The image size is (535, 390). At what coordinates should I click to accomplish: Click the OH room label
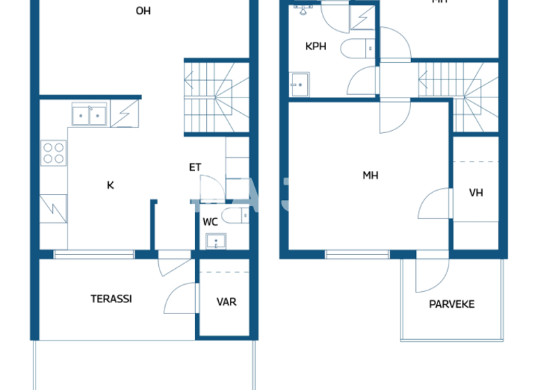coord(143,11)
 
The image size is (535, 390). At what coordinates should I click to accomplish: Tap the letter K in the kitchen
coord(110,185)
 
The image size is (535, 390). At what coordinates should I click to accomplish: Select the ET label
coord(195,167)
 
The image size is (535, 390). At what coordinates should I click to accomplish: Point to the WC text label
coord(210,222)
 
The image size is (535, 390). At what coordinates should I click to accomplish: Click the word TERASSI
coord(111,299)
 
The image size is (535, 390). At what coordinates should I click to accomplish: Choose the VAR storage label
coord(226,302)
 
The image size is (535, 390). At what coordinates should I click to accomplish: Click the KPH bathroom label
coord(316,47)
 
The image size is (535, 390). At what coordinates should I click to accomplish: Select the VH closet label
coord(476,193)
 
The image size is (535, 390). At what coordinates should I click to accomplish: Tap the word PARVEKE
coord(451,304)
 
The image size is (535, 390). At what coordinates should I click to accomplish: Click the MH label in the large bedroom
coord(370,175)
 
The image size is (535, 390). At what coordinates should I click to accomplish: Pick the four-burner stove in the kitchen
coord(53,153)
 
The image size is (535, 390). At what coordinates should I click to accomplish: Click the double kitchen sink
coord(89,115)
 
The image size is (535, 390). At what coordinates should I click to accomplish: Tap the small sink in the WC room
coord(216,242)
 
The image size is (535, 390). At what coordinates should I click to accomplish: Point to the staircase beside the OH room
coord(217,97)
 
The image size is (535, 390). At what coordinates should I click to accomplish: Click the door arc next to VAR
coord(180,299)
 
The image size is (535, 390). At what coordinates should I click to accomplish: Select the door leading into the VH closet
coord(435,204)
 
